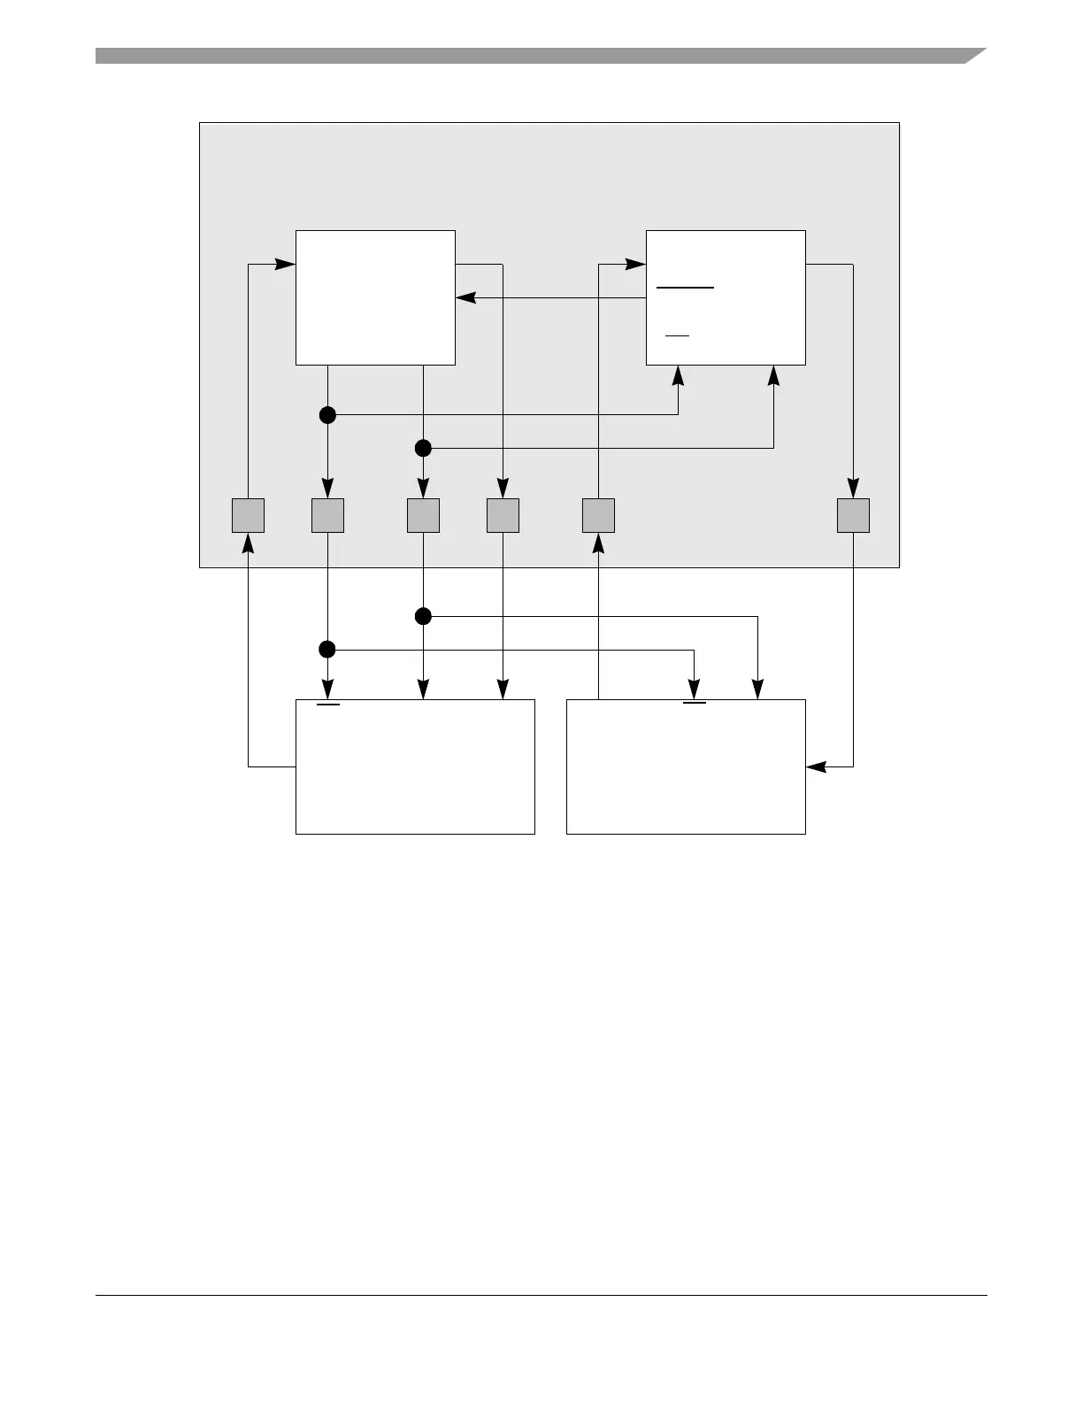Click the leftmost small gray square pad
coord(248,515)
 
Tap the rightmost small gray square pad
coord(853,515)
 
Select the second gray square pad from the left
coord(327,515)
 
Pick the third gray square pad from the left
coord(423,515)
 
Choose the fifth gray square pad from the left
coord(598,515)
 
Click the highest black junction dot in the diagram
coord(327,414)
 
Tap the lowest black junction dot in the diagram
coord(327,650)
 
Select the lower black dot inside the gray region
coord(423,448)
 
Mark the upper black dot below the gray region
coord(423,616)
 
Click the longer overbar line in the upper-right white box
coord(685,288)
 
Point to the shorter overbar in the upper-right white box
coord(677,336)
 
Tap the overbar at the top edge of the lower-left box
coord(328,705)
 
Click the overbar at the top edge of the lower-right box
coord(695,704)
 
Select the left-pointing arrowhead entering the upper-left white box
coord(466,297)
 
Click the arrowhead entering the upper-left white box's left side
coord(285,264)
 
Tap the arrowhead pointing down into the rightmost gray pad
coord(853,488)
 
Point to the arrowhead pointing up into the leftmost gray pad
coord(248,543)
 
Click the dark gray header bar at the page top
coord(531,56)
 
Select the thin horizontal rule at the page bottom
coord(541,1296)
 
